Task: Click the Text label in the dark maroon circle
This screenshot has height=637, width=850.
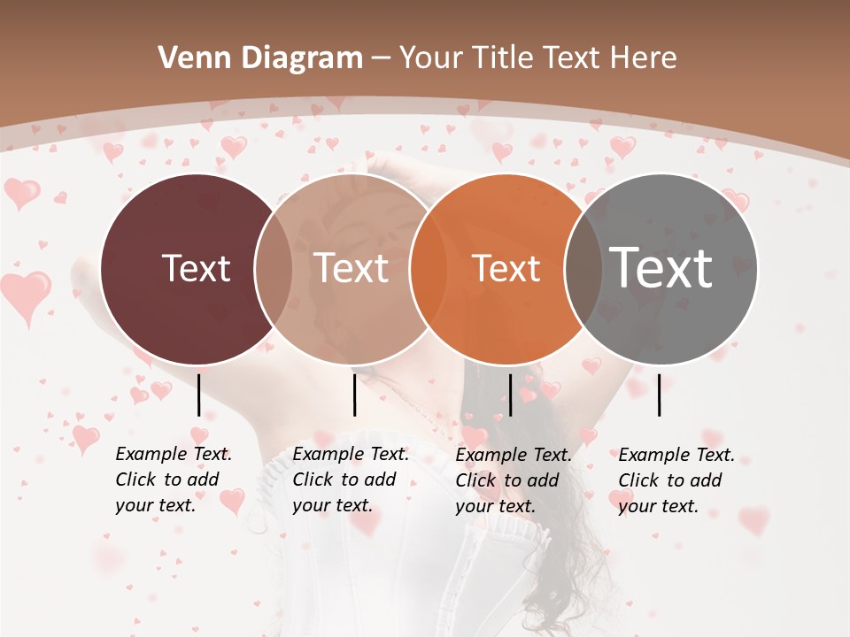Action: click(x=196, y=268)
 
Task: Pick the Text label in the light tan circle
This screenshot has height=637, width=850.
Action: click(x=352, y=268)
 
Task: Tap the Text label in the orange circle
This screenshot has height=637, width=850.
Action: click(x=506, y=268)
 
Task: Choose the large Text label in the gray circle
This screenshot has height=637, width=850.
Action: click(x=661, y=268)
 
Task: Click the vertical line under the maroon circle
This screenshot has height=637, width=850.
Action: click(x=199, y=395)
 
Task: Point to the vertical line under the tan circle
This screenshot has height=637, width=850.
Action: click(x=354, y=395)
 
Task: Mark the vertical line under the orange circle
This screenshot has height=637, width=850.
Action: click(x=510, y=395)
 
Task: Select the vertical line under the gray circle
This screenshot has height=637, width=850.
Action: click(x=660, y=395)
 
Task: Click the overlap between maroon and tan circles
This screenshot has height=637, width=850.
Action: click(x=274, y=268)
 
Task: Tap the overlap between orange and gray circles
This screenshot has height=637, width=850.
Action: click(x=583, y=268)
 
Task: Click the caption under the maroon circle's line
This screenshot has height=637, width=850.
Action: click(x=173, y=480)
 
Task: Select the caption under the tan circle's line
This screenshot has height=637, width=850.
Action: click(x=350, y=480)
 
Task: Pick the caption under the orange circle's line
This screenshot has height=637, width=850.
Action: click(x=513, y=480)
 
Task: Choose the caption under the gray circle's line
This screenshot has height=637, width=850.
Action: click(x=676, y=480)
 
